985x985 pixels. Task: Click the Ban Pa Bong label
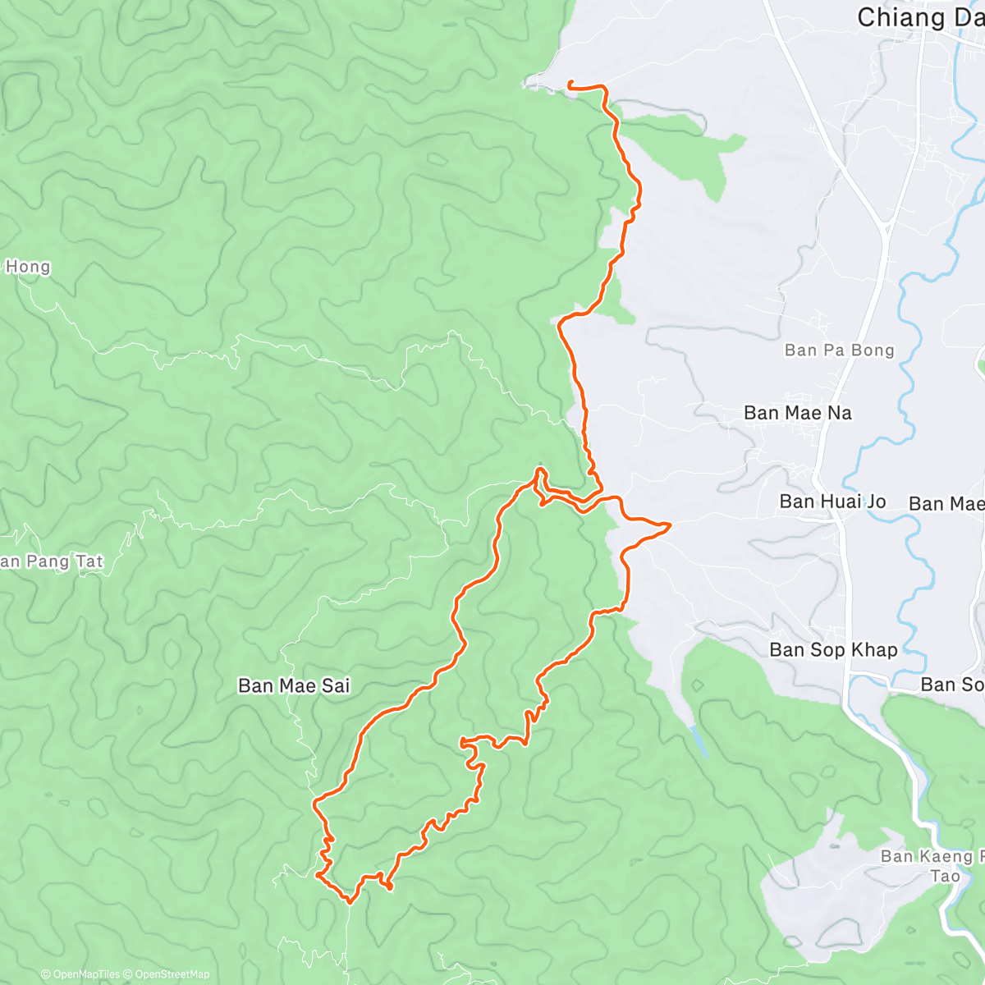[x=839, y=350]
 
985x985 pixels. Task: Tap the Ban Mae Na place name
[x=797, y=413]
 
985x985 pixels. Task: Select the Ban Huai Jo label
[x=832, y=501]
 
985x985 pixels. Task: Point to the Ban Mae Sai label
[x=294, y=685]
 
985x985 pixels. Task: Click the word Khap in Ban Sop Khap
[x=874, y=649]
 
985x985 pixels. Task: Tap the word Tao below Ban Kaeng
[x=945, y=876]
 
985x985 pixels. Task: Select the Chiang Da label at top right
[x=919, y=17]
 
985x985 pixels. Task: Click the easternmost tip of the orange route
[x=670, y=524]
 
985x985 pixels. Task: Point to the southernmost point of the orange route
[x=350, y=901]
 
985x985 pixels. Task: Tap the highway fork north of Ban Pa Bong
[x=886, y=223]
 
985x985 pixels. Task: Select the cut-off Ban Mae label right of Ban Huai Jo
[x=946, y=503]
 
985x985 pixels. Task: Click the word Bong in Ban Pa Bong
[x=872, y=350]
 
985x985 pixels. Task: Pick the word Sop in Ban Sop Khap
[x=829, y=649]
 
